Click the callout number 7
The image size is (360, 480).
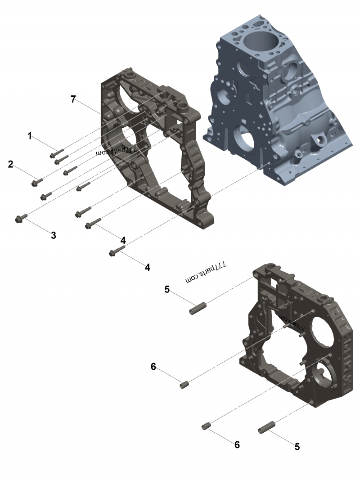pos(73,99)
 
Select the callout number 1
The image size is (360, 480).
pos(30,135)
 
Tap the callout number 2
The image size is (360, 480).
pos(10,164)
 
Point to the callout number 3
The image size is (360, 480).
pos(53,235)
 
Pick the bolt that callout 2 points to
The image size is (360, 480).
pos(35,182)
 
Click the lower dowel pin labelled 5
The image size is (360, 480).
pos(266,428)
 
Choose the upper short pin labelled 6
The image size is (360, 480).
pos(184,385)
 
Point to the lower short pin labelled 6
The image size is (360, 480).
pos(207,426)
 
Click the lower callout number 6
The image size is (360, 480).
pos(237,444)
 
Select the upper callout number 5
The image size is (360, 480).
pos(167,289)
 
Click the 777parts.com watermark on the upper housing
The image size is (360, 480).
pos(116,151)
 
